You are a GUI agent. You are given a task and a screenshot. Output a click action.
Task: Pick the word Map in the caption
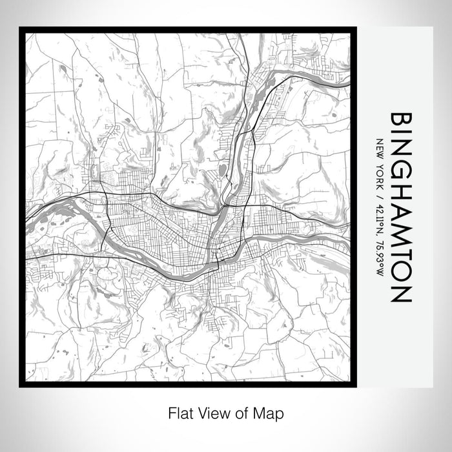coord(272,411)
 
